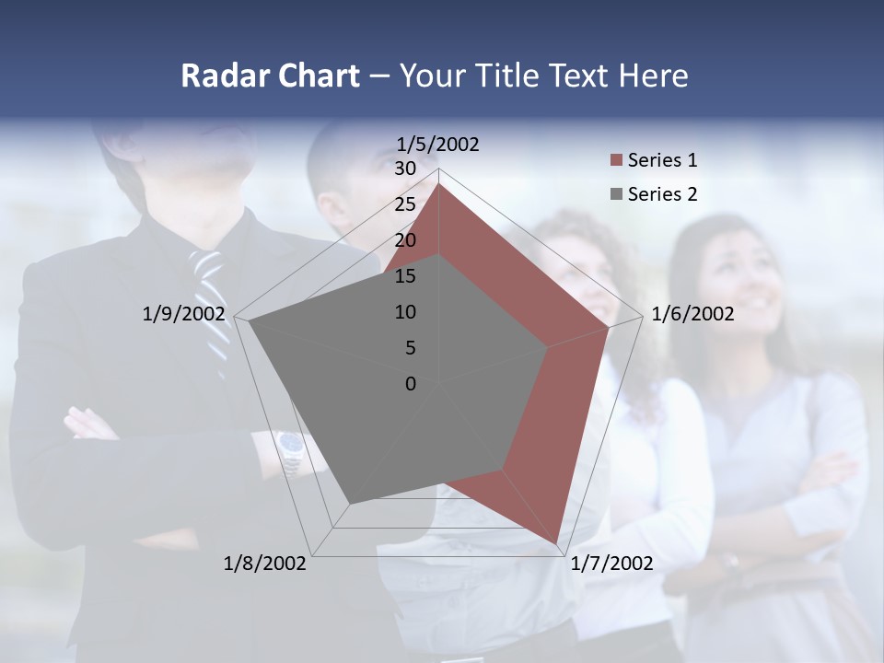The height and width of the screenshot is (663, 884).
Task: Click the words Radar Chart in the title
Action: pyautogui.click(x=270, y=76)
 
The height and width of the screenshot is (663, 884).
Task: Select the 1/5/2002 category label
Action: pyautogui.click(x=438, y=144)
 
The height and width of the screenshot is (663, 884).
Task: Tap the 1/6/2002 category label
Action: pyautogui.click(x=692, y=314)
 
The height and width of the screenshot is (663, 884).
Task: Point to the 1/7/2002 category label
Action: pyautogui.click(x=611, y=564)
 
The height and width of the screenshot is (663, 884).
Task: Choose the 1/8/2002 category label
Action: pyautogui.click(x=265, y=564)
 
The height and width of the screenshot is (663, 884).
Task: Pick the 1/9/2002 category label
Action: pyautogui.click(x=183, y=314)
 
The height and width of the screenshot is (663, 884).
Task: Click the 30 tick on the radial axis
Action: pyautogui.click(x=405, y=169)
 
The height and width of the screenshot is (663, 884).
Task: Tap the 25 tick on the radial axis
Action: pyautogui.click(x=405, y=204)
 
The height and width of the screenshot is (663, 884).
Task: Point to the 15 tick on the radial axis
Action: pyautogui.click(x=405, y=276)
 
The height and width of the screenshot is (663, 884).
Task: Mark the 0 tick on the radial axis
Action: pyautogui.click(x=411, y=384)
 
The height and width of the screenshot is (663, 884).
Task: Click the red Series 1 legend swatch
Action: pyautogui.click(x=616, y=160)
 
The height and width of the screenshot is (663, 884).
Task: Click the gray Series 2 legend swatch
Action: pyautogui.click(x=616, y=194)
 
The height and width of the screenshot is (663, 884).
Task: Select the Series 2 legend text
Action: pyautogui.click(x=662, y=194)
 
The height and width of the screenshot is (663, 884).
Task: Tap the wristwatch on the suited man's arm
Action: pyautogui.click(x=291, y=449)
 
